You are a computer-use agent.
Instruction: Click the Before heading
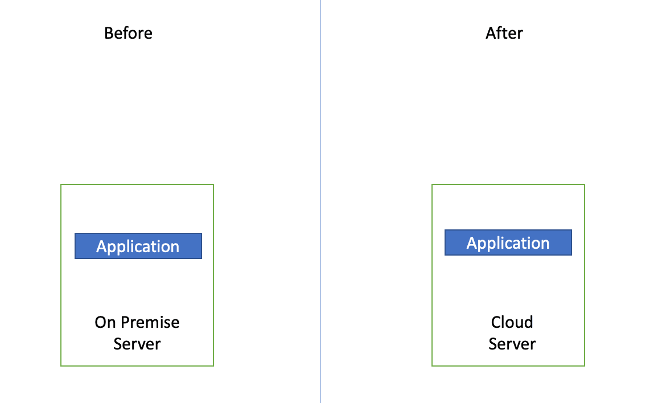point(128,33)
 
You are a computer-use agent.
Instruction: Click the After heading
point(504,33)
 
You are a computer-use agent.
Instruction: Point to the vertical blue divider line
point(320,201)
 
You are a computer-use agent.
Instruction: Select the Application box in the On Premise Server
point(138,246)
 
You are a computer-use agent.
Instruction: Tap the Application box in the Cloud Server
point(508,242)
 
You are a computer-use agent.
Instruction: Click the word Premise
point(150,322)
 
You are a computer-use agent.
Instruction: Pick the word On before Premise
point(105,322)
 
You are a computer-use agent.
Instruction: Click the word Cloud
point(512,322)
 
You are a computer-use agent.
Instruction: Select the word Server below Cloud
point(512,344)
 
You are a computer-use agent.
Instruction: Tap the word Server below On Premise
point(137,344)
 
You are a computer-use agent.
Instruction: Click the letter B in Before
point(109,33)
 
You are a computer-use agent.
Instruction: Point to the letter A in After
point(491,33)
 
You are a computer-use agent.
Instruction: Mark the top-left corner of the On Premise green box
point(61,184)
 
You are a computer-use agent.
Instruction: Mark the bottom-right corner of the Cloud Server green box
point(585,366)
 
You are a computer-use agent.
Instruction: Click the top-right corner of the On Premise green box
point(213,184)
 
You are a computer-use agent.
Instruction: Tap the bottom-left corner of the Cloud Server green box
point(432,366)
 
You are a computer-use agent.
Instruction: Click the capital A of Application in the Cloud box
point(472,243)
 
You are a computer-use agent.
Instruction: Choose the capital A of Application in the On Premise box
point(102,246)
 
